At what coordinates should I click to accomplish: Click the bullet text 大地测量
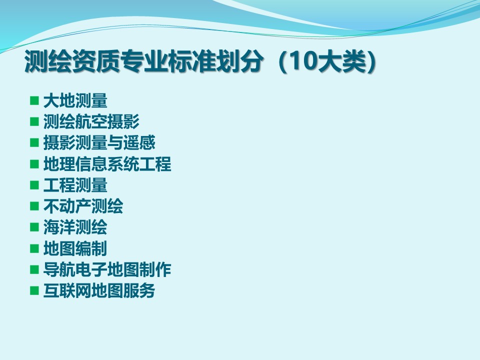click(x=75, y=100)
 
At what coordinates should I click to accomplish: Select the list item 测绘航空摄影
click(x=91, y=122)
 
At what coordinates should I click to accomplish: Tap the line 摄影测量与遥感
click(x=99, y=143)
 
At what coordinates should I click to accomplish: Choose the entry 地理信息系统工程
click(x=107, y=164)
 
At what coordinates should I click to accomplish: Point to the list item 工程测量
click(x=75, y=185)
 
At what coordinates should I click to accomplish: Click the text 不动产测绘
click(x=83, y=206)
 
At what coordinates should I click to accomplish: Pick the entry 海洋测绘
click(x=75, y=227)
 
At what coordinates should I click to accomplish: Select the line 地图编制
click(x=75, y=248)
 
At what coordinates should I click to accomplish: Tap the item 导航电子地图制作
click(x=107, y=269)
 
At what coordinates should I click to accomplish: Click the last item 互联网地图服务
click(x=99, y=291)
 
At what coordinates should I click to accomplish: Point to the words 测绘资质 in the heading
click(x=72, y=61)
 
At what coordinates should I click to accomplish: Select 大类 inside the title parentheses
click(x=341, y=61)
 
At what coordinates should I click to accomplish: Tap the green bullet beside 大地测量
click(x=34, y=100)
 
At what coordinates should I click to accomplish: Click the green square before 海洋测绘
click(x=34, y=227)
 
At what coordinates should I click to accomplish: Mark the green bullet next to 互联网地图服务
click(x=34, y=290)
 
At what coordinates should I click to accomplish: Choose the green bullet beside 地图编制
click(x=34, y=248)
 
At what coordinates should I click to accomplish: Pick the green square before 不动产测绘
click(x=34, y=206)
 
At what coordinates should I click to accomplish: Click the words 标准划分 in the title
click(x=215, y=61)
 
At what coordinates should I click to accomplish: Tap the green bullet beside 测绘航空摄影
click(x=34, y=121)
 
